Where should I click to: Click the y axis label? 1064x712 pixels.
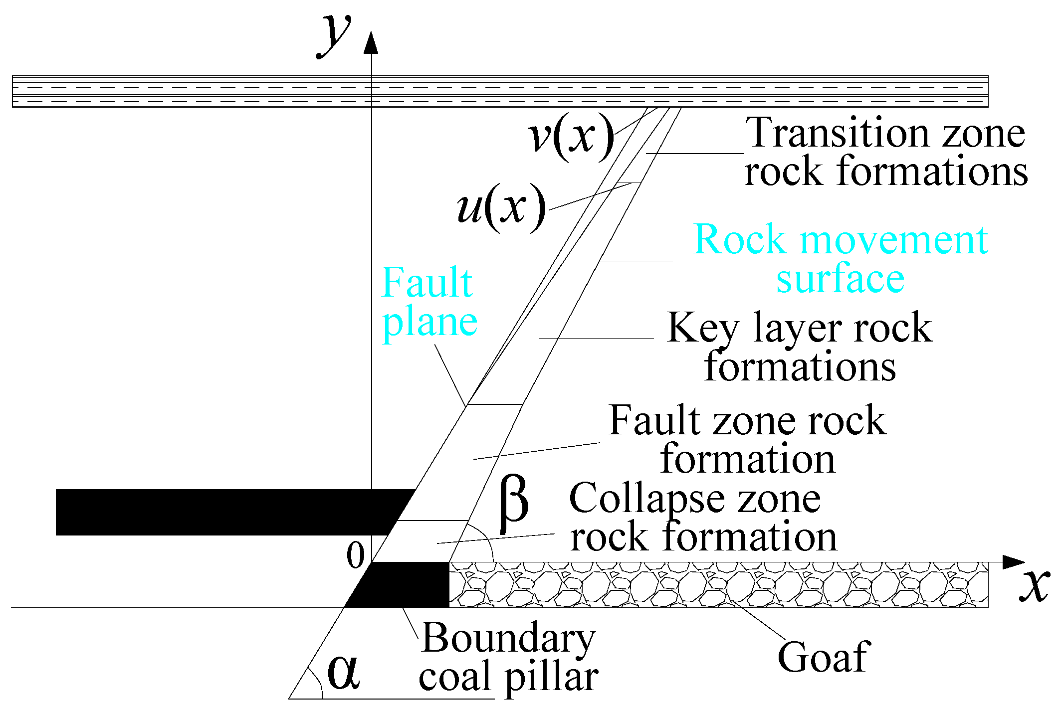334,35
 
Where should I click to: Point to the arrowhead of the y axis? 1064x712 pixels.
371,43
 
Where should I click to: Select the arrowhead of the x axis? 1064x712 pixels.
1013,562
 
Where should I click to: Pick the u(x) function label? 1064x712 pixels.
501,206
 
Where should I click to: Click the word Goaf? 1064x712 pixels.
824,657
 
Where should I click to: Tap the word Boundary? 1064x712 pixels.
508,639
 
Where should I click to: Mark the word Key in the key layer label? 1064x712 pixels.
703,329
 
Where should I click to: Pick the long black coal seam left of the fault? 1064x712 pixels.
224,512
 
